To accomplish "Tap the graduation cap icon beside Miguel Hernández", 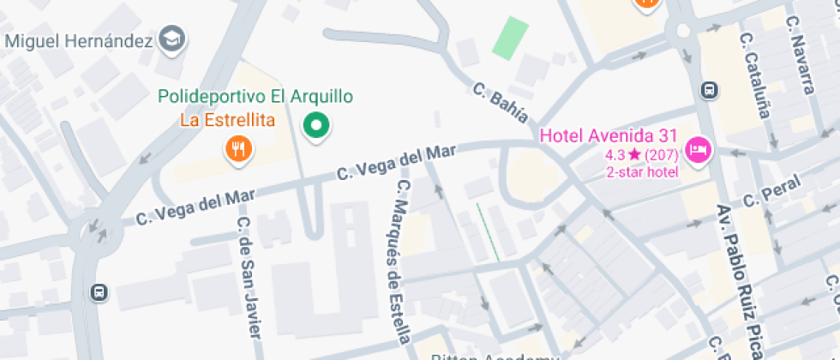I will coord(175,38).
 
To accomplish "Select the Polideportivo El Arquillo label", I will coord(255,98).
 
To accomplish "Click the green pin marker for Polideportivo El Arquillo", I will coord(317,127).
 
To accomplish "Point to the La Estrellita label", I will coord(227,120).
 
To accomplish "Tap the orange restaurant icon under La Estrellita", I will coord(237,149).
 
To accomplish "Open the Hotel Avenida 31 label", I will coord(609,136).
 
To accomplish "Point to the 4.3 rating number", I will coord(615,155).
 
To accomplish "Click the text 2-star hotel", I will coord(643,172).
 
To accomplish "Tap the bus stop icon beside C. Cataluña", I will coord(709,90).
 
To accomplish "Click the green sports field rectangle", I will coord(510,38).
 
